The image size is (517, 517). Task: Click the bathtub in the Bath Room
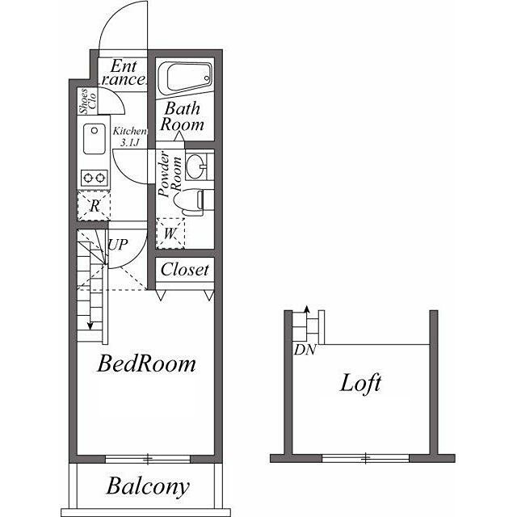pos(185,78)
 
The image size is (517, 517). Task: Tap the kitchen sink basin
pos(95,138)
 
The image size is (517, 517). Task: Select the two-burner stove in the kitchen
pos(95,178)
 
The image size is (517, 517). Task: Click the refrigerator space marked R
pos(94,206)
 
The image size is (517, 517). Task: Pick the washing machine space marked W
pos(170,233)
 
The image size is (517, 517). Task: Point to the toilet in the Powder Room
pos(189,203)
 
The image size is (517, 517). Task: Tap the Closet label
pos(185,270)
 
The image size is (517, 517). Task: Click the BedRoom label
pos(146,364)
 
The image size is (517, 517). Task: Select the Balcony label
pos(148,486)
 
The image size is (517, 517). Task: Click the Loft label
pos(360,384)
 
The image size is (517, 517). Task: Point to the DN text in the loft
pos(305,350)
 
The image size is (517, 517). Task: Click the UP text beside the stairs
pos(118,245)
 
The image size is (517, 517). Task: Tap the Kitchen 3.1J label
pos(129,137)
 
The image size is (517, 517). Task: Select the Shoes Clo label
pos(88,102)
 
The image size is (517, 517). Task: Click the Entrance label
pos(124,74)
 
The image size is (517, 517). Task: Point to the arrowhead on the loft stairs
pos(307,309)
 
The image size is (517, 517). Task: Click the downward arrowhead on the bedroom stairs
pos(90,326)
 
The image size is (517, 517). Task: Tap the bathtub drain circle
pos(207,78)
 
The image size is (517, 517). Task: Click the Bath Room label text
pos(183,116)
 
